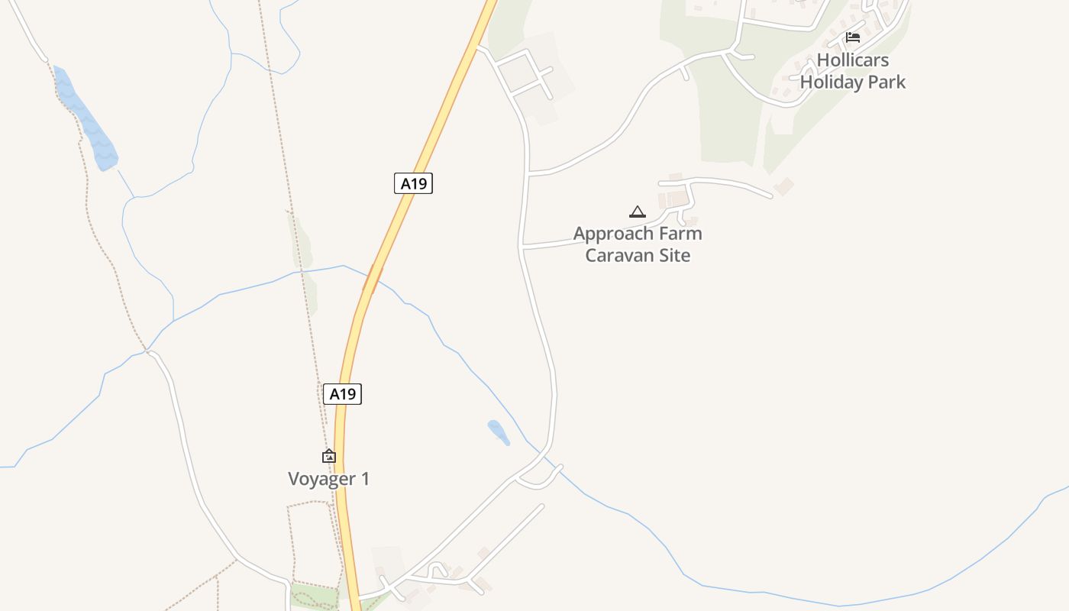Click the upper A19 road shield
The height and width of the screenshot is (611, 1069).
(413, 183)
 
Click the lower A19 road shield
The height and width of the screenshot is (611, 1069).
(342, 394)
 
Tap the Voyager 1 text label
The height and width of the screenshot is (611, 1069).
(328, 479)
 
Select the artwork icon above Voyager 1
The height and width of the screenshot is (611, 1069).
(329, 456)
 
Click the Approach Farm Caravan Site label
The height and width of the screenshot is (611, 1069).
(638, 244)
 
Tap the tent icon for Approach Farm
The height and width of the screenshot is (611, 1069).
(638, 212)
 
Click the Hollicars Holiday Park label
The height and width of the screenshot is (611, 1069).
(853, 71)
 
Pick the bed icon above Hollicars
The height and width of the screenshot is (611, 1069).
(853, 37)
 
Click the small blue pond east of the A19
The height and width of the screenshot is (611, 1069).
(499, 432)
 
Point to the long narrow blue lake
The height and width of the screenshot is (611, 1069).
(86, 119)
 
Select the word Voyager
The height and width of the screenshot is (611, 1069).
(320, 479)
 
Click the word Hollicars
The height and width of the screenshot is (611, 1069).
(853, 60)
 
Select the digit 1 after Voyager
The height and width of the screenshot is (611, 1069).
(365, 479)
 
